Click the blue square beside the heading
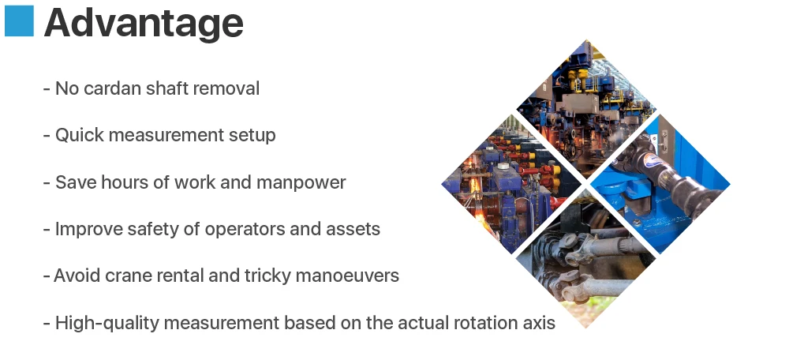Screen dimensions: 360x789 (x=19, y=21)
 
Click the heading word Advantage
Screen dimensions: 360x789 (x=143, y=23)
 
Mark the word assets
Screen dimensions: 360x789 (x=353, y=229)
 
